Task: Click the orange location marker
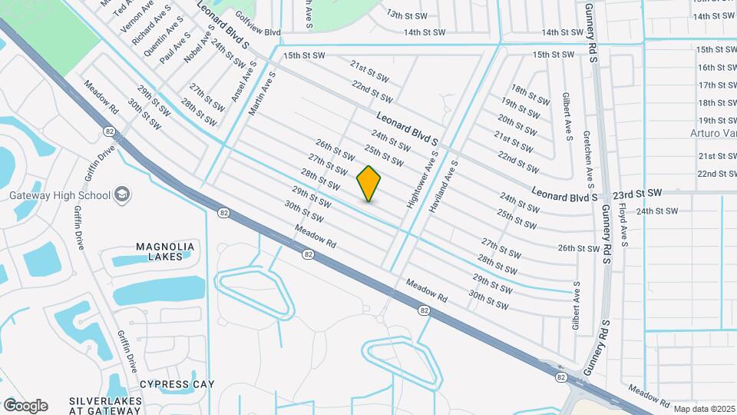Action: (x=369, y=183)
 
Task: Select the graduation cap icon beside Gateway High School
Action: (x=121, y=195)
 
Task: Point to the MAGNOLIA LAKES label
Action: (x=165, y=251)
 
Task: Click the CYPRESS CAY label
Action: (x=177, y=383)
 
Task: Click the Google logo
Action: (x=25, y=406)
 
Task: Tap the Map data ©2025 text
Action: (x=704, y=409)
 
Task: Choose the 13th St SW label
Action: (x=405, y=15)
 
